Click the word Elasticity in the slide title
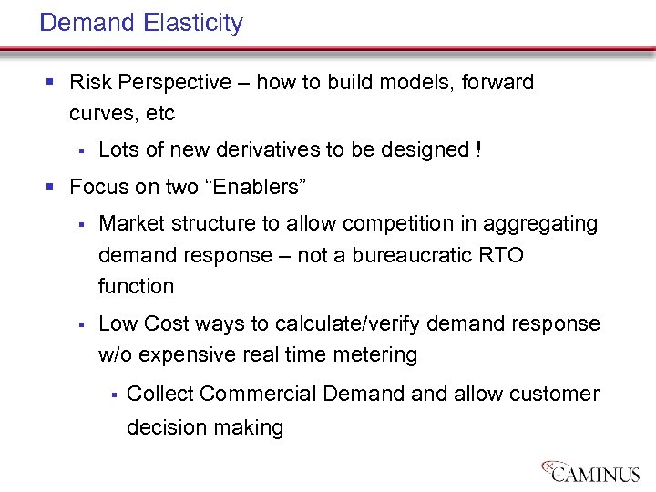(193, 23)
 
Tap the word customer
(554, 394)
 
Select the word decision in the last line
(165, 426)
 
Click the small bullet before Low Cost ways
(81, 324)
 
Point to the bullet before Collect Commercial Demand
(111, 395)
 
